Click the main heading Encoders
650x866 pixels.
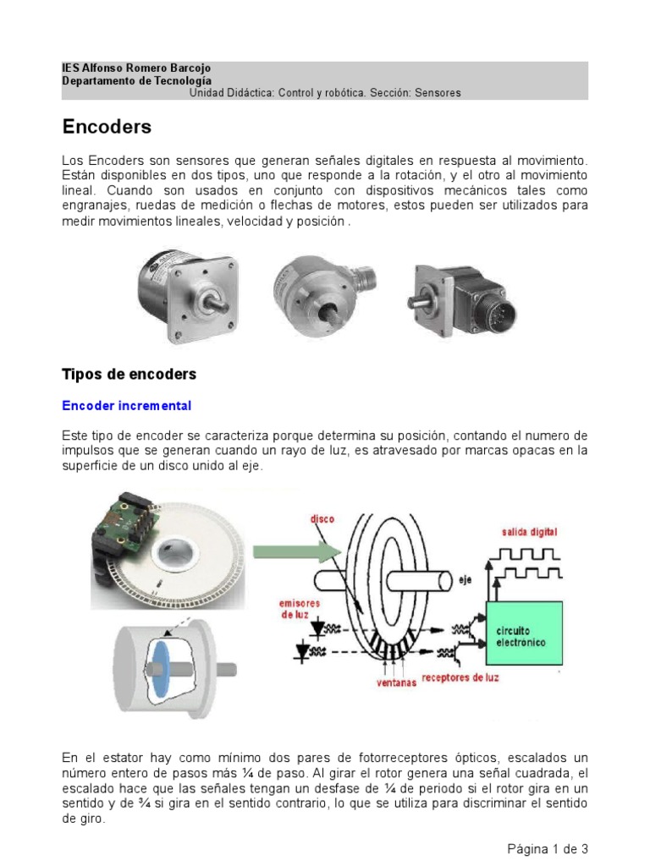coord(107,128)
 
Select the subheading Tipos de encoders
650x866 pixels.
coord(129,374)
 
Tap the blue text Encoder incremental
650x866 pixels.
coord(127,406)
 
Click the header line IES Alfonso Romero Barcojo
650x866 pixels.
coord(136,68)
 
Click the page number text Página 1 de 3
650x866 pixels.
coord(548,848)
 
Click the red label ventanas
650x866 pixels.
coord(396,683)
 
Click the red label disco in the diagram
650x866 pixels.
coord(322,519)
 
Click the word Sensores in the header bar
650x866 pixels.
coord(438,93)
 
